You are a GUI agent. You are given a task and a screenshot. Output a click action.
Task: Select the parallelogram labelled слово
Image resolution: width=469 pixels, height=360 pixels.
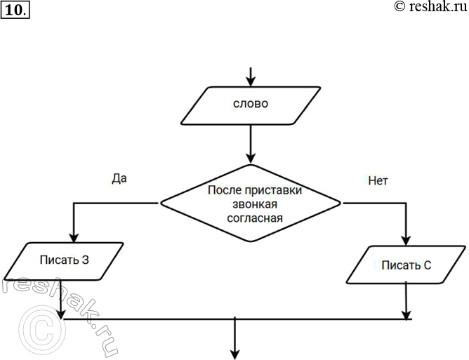tap(251, 106)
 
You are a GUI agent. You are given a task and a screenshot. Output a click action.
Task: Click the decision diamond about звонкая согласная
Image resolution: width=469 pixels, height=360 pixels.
tap(251, 204)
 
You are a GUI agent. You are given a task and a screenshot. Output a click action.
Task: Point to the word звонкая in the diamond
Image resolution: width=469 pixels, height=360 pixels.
tap(251, 204)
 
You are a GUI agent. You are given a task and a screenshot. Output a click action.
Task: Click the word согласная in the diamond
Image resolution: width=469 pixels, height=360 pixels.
tap(251, 218)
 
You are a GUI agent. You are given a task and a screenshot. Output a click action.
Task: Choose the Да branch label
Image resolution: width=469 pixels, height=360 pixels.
tap(119, 178)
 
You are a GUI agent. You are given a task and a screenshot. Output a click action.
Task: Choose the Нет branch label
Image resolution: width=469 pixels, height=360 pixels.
tap(378, 180)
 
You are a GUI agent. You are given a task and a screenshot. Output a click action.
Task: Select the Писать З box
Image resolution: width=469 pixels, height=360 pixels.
tap(64, 260)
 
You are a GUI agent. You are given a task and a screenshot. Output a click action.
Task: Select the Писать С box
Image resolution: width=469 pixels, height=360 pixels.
tap(406, 265)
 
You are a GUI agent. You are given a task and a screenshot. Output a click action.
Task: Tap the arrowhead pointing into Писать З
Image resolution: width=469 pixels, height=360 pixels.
tap(72, 237)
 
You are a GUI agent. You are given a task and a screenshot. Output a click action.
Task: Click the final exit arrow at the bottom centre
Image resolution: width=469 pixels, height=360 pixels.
tap(234, 340)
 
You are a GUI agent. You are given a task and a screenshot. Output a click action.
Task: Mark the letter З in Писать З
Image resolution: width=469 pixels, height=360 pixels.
tap(85, 260)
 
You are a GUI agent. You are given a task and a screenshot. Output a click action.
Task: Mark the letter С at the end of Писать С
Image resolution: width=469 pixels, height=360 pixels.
tap(427, 265)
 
